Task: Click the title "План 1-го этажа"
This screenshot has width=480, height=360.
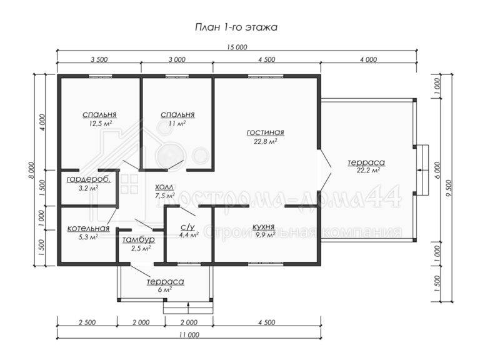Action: tap(236, 27)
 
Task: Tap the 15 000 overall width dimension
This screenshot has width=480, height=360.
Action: tap(237, 47)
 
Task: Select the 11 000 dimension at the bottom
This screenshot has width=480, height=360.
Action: tap(189, 334)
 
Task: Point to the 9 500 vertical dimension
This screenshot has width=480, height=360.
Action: tap(449, 189)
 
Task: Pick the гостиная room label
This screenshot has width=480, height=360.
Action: tap(266, 132)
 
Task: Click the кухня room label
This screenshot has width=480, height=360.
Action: tap(263, 227)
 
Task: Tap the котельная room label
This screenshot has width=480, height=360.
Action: tap(88, 228)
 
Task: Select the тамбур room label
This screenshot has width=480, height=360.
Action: tap(138, 240)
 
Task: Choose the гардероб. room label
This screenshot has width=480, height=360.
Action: tap(89, 180)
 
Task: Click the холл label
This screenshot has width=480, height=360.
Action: tap(164, 187)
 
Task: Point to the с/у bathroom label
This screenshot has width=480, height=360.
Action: tap(187, 227)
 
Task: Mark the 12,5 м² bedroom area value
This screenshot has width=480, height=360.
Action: tap(99, 123)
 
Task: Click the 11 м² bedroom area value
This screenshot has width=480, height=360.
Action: tap(177, 123)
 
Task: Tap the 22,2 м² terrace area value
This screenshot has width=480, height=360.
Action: tap(368, 171)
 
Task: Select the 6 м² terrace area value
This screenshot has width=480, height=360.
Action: tap(165, 289)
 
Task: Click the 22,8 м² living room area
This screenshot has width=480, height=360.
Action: tap(266, 141)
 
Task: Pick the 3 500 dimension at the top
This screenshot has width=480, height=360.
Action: tap(99, 59)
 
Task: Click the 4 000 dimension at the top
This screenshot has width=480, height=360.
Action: tap(368, 59)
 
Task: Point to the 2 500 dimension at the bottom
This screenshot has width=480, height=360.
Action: tap(87, 322)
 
